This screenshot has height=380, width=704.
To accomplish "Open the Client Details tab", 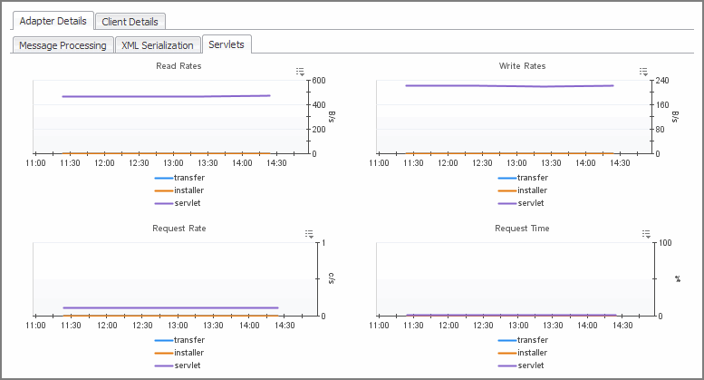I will (130, 21).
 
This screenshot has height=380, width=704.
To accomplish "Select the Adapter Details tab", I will (51, 21).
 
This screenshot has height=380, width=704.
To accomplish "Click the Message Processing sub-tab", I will (63, 45).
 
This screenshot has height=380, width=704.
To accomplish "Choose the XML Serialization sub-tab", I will (158, 45).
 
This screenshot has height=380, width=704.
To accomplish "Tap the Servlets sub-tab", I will (227, 44).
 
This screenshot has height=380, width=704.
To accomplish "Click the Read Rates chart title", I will (178, 66).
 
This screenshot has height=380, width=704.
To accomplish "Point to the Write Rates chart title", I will (522, 66).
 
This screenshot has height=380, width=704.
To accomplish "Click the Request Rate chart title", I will (178, 229).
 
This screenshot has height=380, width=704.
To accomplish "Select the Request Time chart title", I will (522, 229).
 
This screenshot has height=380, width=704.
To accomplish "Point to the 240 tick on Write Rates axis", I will (662, 81).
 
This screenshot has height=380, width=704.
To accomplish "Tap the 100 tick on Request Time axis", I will (665, 243).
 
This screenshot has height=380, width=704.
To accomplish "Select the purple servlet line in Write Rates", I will (507, 86).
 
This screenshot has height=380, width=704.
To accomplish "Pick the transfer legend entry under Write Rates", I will (531, 178).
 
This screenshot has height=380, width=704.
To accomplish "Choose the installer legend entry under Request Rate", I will (188, 353).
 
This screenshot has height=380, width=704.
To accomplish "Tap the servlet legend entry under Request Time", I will (531, 365).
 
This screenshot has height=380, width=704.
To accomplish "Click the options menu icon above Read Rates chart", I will (300, 72).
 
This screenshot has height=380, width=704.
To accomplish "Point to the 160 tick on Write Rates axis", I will (662, 105).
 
